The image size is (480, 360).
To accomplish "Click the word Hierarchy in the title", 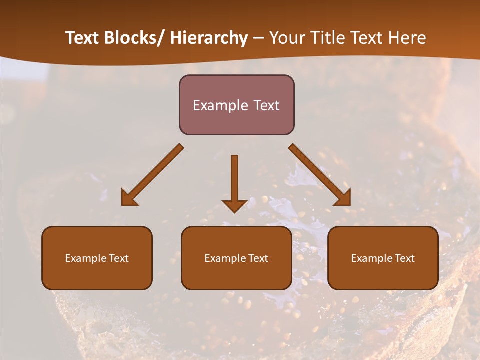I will pos(209,38).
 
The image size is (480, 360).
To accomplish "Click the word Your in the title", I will pos(286,38).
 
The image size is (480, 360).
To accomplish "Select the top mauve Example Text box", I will pos(236,105).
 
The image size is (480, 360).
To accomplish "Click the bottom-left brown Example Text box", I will pos(97,258).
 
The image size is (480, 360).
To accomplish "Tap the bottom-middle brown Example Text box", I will pos(236,258).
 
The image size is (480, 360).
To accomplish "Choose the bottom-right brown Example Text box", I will pos(383,258).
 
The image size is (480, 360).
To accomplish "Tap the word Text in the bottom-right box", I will pos(404,258).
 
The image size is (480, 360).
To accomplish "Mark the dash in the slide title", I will pos(258,38).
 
